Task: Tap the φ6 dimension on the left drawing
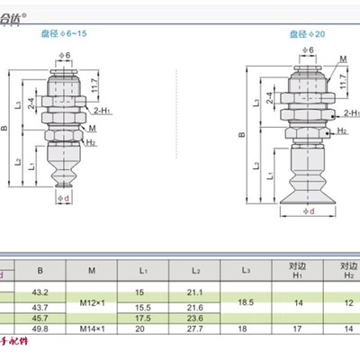click(x=64, y=58)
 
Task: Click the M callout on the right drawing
click(x=345, y=60)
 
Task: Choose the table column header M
click(x=92, y=267)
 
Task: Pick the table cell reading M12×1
click(x=92, y=301)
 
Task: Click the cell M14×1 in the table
click(x=92, y=328)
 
